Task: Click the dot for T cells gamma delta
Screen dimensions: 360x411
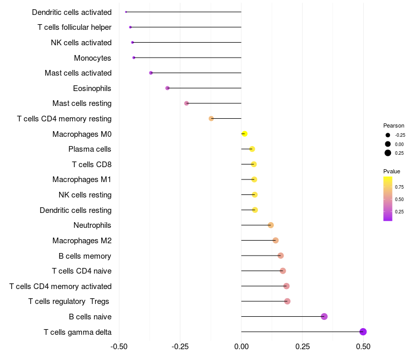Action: (x=363, y=332)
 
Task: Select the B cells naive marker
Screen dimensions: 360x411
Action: (x=324, y=316)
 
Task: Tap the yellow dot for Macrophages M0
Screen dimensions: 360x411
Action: (x=245, y=134)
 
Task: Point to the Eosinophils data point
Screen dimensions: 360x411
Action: (x=167, y=88)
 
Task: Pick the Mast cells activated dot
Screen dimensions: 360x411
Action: (x=151, y=73)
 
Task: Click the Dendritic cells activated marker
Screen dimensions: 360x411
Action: (x=126, y=12)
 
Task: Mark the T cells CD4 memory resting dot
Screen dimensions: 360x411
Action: (x=211, y=119)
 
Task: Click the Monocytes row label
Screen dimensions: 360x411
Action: (x=92, y=58)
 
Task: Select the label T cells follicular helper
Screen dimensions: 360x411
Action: (x=74, y=27)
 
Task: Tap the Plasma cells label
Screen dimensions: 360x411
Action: (x=90, y=149)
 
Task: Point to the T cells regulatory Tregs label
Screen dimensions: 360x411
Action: (x=69, y=301)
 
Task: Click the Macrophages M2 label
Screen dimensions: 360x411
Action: (x=82, y=241)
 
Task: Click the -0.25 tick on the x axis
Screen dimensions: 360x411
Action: (x=180, y=347)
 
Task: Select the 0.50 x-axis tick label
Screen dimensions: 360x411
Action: (x=363, y=347)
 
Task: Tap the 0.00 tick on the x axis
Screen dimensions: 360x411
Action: (x=241, y=347)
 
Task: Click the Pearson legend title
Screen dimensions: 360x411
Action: (x=394, y=125)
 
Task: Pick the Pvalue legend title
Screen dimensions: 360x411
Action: (x=391, y=171)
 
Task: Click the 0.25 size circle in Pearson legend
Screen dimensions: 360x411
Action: (x=388, y=153)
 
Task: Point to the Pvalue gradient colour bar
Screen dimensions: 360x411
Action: (x=388, y=199)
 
